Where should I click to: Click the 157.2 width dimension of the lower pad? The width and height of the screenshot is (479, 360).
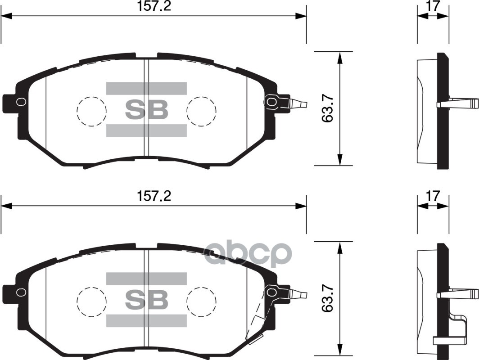(154, 197)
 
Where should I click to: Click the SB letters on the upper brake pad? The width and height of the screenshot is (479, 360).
(146, 109)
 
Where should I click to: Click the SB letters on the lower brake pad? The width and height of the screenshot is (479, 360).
(146, 299)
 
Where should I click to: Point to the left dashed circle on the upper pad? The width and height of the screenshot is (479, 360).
(91, 111)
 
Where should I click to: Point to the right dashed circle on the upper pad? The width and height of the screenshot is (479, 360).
(201, 111)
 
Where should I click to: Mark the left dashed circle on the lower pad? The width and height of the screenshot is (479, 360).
(91, 301)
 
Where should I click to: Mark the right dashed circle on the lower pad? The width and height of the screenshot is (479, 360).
(201, 301)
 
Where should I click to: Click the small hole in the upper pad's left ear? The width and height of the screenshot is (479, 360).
(20, 102)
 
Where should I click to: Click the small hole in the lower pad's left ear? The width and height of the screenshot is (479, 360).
(20, 292)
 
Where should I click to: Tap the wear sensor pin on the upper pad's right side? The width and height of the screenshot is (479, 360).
(297, 104)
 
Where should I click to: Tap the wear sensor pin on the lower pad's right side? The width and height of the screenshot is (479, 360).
(297, 294)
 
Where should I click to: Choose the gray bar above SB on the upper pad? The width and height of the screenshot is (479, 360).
(146, 88)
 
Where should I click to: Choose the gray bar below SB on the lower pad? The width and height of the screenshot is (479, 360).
(146, 320)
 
